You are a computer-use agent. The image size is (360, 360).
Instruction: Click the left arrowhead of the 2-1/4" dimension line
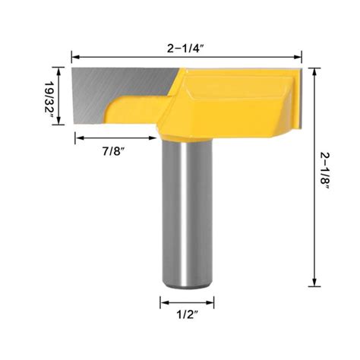click(x=75, y=55)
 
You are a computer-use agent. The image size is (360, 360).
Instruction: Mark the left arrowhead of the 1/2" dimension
click(x=163, y=302)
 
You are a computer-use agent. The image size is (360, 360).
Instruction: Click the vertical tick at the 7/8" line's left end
click(x=75, y=138)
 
